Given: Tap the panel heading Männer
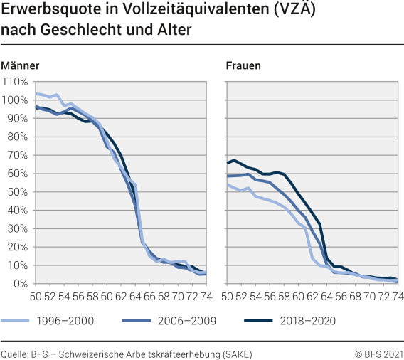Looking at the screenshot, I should (20, 66).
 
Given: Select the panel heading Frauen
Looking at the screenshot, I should (243, 66).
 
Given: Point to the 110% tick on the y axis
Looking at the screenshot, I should (14, 81).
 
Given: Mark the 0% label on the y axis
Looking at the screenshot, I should (19, 283).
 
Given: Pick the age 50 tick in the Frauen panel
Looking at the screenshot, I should (228, 295).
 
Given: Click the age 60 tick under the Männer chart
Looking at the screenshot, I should (107, 295).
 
